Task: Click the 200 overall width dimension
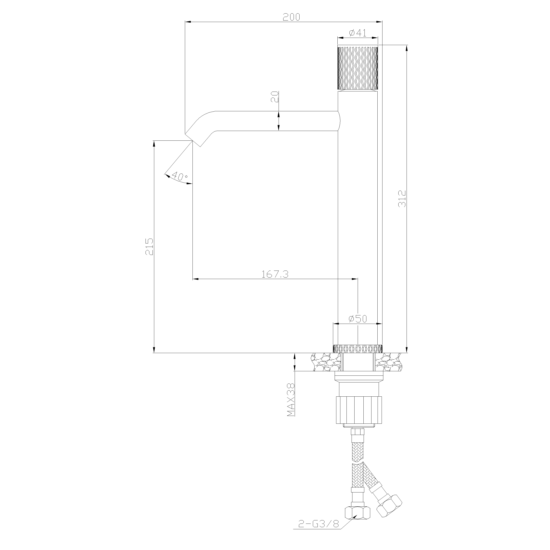(291, 17)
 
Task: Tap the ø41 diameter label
(357, 33)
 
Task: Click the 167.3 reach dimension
(275, 274)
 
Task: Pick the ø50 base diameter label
(357, 319)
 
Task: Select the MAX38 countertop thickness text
(291, 400)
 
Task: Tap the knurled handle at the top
(357, 67)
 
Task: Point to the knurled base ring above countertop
(357, 348)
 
